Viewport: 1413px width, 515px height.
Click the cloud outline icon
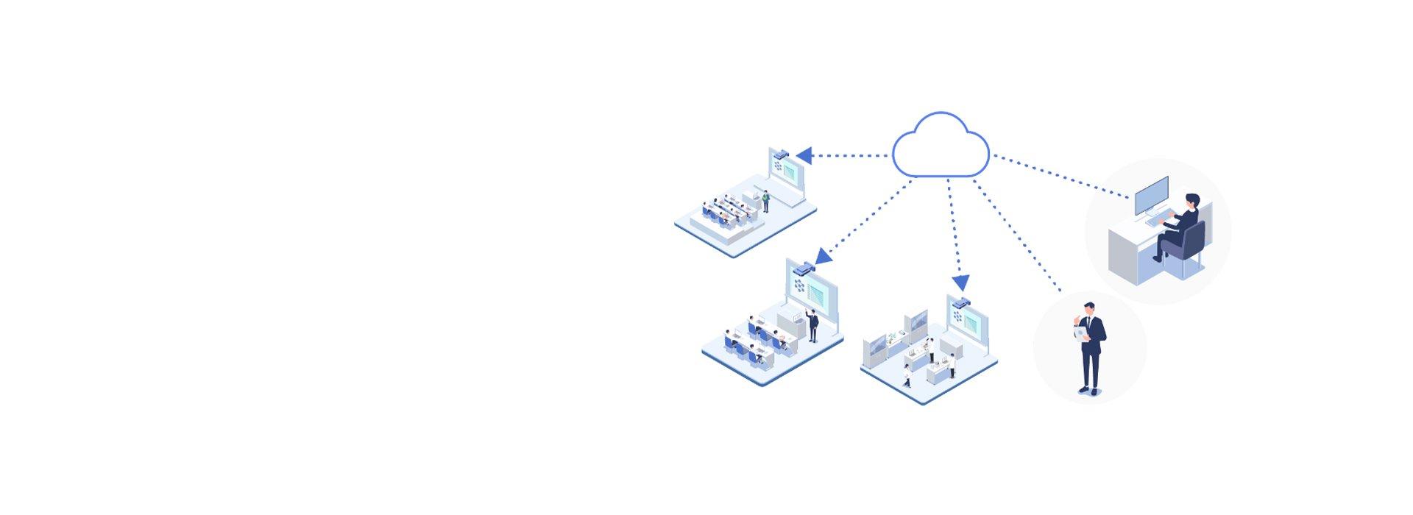(x=940, y=146)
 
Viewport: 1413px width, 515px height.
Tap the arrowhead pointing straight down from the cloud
(x=960, y=283)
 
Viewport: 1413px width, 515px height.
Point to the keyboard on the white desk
(x=1155, y=219)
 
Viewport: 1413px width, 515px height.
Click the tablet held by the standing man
(x=1080, y=333)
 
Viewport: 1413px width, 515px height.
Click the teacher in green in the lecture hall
(x=765, y=200)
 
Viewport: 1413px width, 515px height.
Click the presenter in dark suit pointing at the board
(x=813, y=324)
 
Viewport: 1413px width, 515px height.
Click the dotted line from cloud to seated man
(x=1060, y=177)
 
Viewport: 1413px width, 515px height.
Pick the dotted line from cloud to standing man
(x=1016, y=235)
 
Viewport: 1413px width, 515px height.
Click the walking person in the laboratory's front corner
(x=907, y=375)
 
